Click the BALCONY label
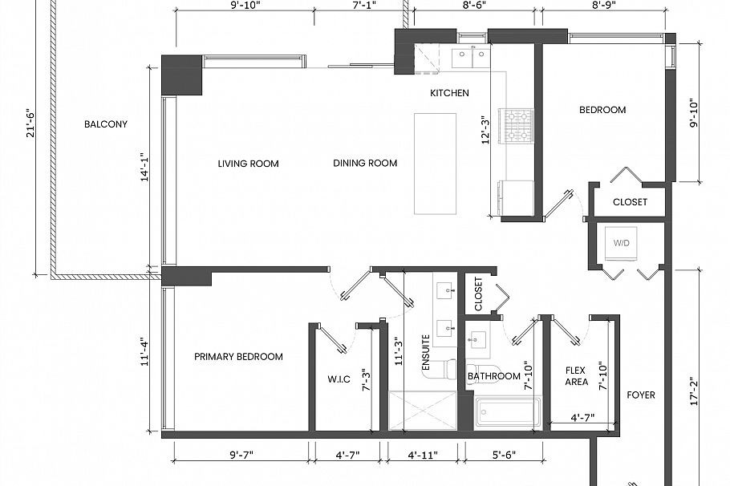(106, 124)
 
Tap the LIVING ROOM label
(248, 164)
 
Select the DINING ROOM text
(365, 164)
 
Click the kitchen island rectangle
(435, 164)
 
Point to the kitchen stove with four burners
(517, 126)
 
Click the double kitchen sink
(469, 56)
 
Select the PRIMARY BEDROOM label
(238, 357)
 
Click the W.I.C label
(339, 379)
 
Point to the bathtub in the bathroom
(505, 411)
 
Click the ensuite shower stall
(421, 410)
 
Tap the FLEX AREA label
(575, 376)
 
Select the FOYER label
(641, 395)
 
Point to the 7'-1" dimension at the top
(364, 5)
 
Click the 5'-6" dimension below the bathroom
(503, 456)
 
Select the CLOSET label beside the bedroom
(630, 202)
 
